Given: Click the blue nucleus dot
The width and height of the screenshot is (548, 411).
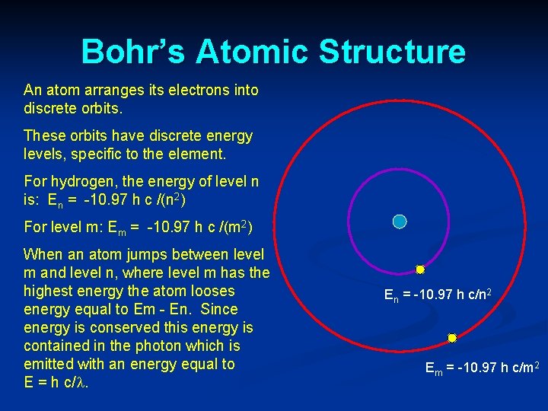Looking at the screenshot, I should tap(400, 221).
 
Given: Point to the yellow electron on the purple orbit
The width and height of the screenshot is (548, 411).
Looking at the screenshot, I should tap(419, 269).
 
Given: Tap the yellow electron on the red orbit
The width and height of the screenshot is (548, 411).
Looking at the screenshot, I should tap(451, 338).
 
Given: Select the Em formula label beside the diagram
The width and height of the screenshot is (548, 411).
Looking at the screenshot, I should tap(482, 369).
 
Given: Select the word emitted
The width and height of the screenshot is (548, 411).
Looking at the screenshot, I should tap(49, 365).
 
